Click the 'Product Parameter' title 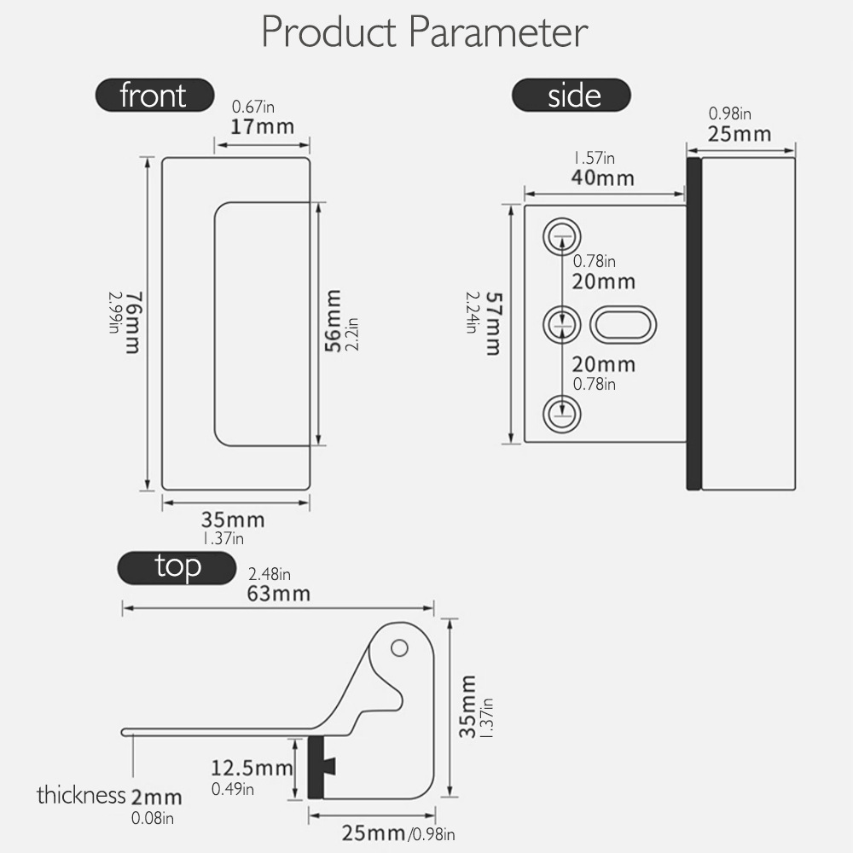425,32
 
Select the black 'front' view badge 154,95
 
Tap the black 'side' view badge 571,95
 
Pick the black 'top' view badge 177,566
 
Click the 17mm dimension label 263,127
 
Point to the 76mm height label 132,323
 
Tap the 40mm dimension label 603,177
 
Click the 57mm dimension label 492,323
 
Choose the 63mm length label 278,593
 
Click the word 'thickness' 81,796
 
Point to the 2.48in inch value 269,574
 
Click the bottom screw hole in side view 561,413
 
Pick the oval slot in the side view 624,324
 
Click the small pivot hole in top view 398,648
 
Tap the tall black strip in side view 693,323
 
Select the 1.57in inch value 594,159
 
